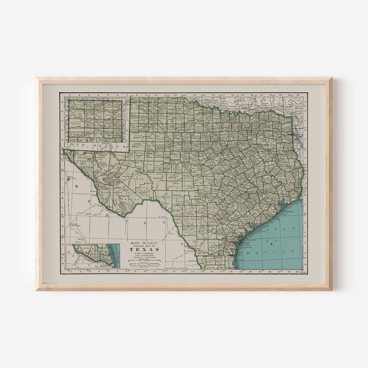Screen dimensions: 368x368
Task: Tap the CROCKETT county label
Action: (158, 178)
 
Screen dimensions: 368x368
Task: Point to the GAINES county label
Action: (138, 136)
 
